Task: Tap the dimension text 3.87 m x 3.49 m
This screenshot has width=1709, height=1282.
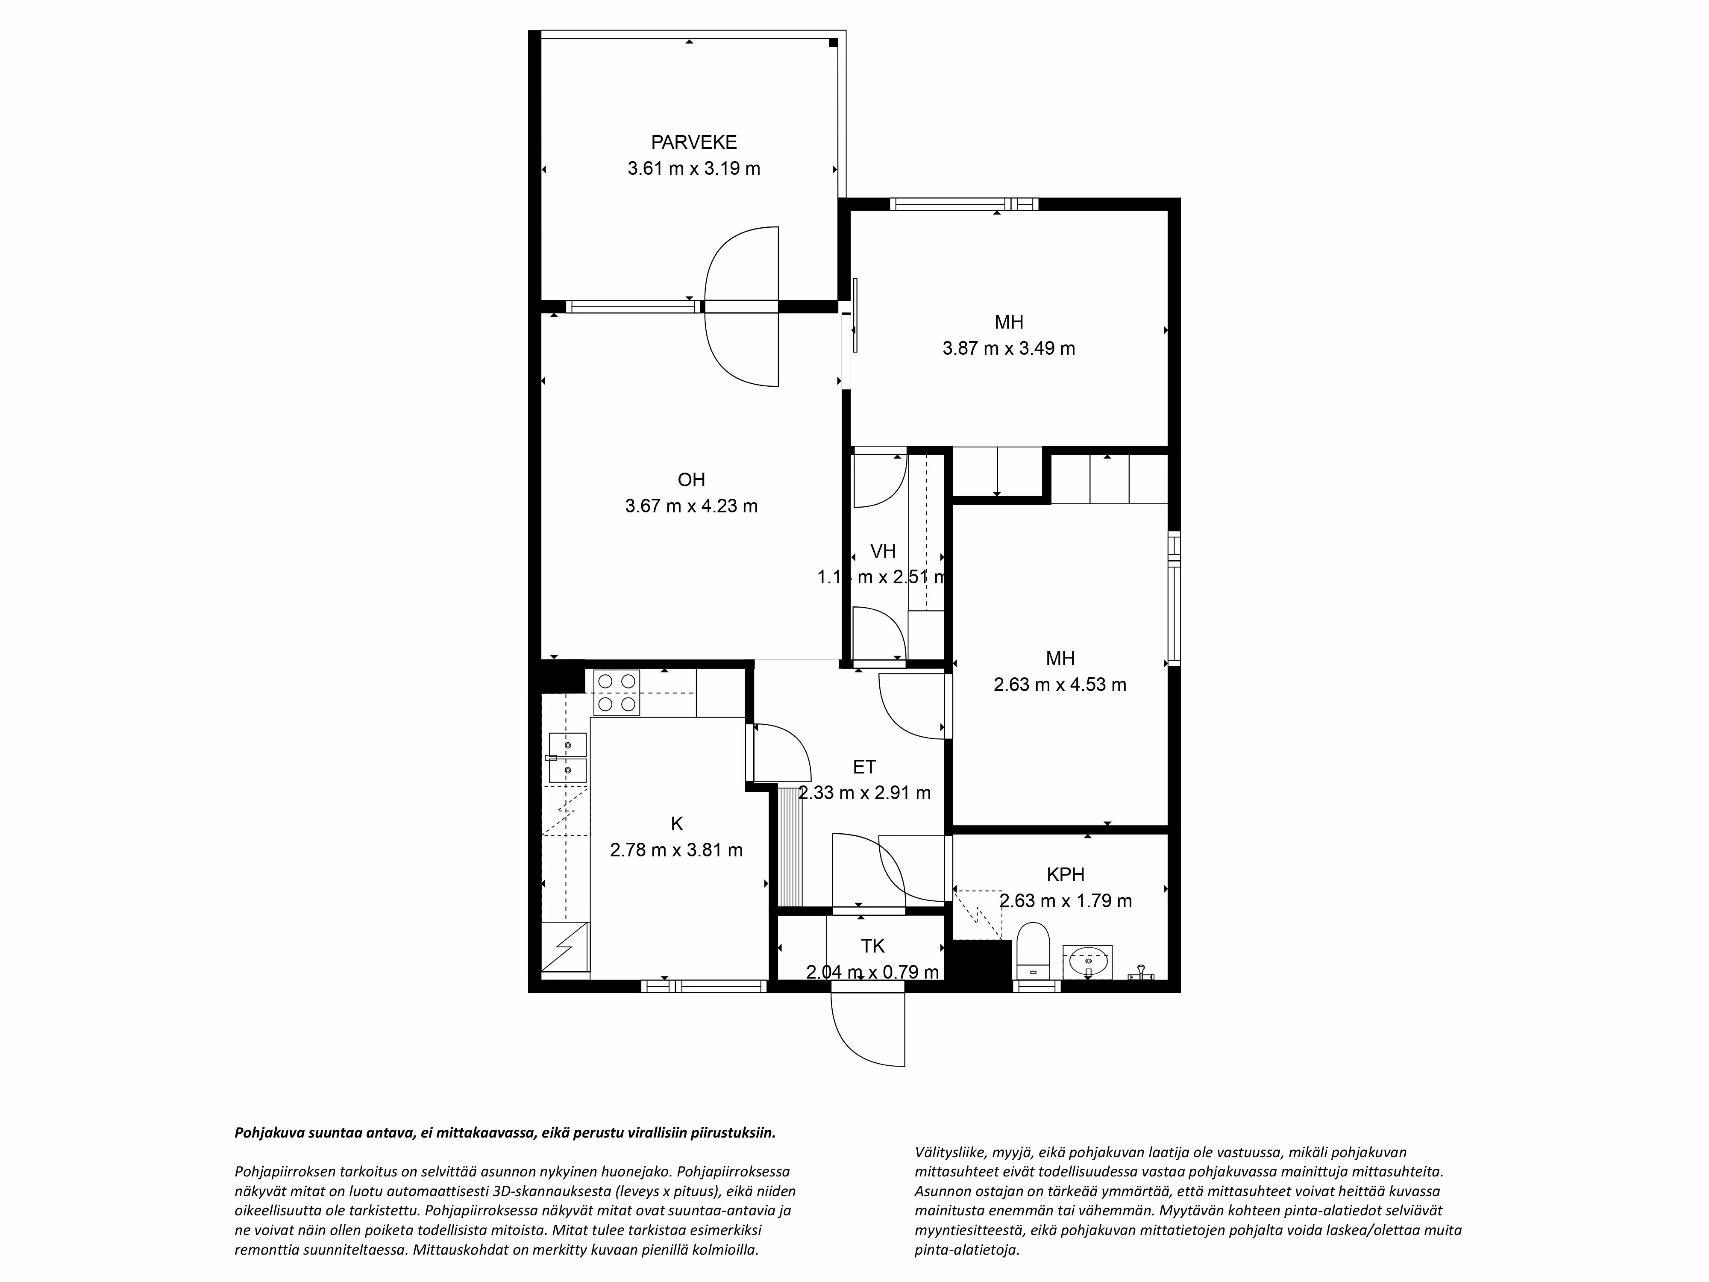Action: (x=1008, y=349)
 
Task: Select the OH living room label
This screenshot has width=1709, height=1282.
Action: (x=691, y=480)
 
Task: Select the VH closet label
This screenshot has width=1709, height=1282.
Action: (x=882, y=551)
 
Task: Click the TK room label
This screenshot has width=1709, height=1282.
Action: (x=872, y=946)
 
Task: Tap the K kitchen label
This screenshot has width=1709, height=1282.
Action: (x=677, y=824)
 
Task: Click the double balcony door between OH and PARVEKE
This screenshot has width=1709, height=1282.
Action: (x=742, y=307)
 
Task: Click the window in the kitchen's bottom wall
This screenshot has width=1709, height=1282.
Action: (x=704, y=986)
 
